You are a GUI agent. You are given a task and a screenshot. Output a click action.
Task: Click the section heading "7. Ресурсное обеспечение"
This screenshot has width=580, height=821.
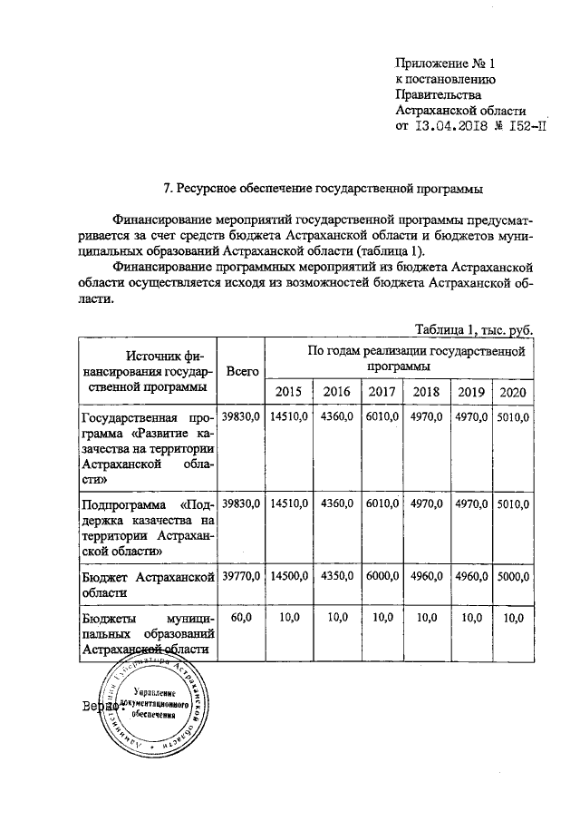click(x=323, y=189)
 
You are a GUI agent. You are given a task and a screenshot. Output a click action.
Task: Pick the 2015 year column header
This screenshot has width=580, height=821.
click(x=288, y=391)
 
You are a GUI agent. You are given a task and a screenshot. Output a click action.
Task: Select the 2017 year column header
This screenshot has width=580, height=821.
click(x=380, y=391)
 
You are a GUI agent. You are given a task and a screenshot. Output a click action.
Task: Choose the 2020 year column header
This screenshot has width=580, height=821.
click(x=512, y=391)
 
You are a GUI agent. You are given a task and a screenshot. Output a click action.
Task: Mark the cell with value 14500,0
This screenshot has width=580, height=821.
click(x=288, y=575)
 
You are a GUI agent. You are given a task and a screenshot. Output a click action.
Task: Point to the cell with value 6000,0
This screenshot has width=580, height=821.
click(x=380, y=575)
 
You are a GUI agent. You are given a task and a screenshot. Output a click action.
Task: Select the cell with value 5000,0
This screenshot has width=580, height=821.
click(x=512, y=575)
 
